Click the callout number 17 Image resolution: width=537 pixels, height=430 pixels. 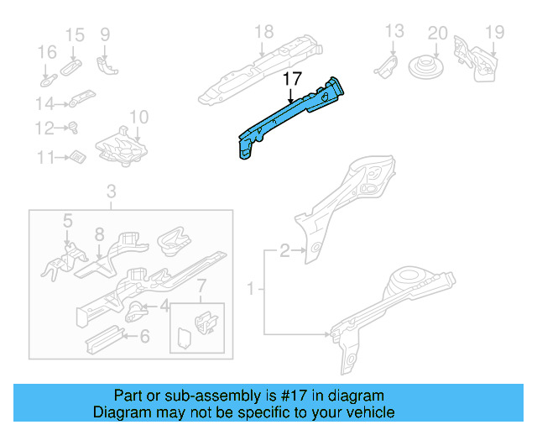tap(291, 79)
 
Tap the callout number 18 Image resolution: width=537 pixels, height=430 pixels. tap(263, 33)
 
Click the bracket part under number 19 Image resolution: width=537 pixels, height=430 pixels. tap(473, 57)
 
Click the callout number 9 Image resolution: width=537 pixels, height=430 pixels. tap(105, 34)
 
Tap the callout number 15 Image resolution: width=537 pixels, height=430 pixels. tap(75, 34)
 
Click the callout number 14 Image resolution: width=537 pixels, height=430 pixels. tap(44, 103)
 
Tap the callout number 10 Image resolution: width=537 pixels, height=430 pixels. tap(138, 117)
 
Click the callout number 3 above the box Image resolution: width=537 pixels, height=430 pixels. tap(111, 195)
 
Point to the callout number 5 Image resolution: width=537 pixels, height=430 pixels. tap(68, 220)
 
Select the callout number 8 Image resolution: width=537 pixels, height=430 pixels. tap(99, 235)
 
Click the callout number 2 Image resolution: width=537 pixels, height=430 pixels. tap(285, 249)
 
